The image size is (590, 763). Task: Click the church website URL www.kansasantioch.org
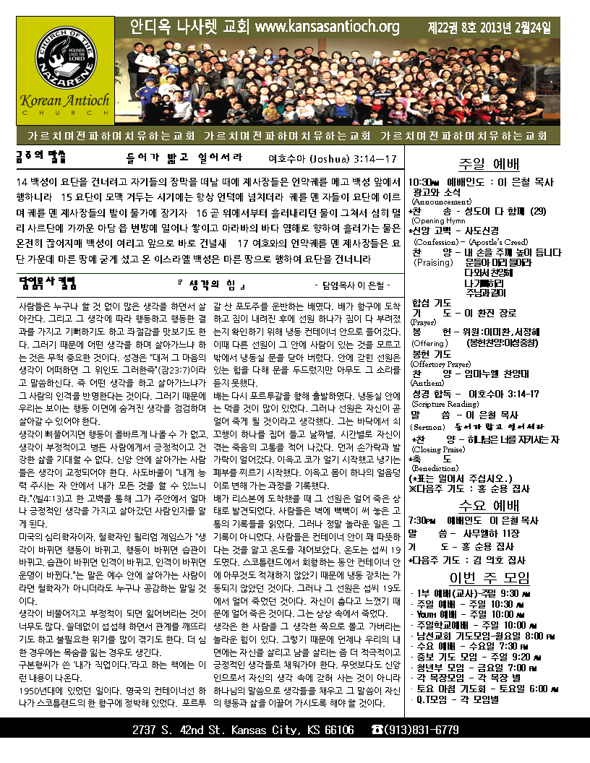[x=328, y=27]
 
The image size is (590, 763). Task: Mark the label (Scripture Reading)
[x=443, y=404]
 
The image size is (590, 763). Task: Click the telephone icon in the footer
[x=377, y=730]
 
